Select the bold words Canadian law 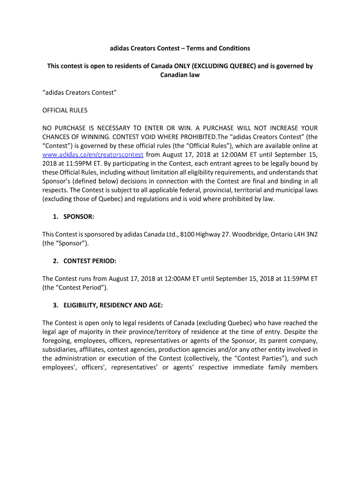(180, 75)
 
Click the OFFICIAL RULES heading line (65, 110)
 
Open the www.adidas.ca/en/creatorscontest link (94, 155)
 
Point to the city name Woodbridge (243, 234)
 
